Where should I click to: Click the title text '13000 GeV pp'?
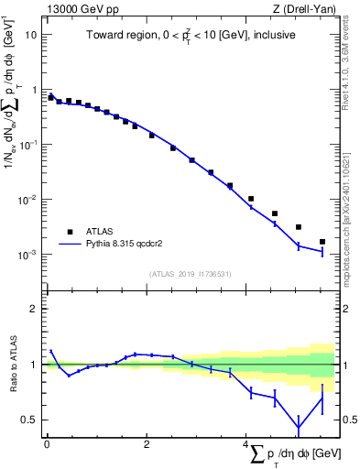[x=77, y=8]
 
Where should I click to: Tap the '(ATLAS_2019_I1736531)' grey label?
[x=190, y=274]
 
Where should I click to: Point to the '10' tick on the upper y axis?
[x=32, y=35]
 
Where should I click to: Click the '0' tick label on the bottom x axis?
[x=47, y=446]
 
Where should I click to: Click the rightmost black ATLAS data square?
[x=322, y=242]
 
